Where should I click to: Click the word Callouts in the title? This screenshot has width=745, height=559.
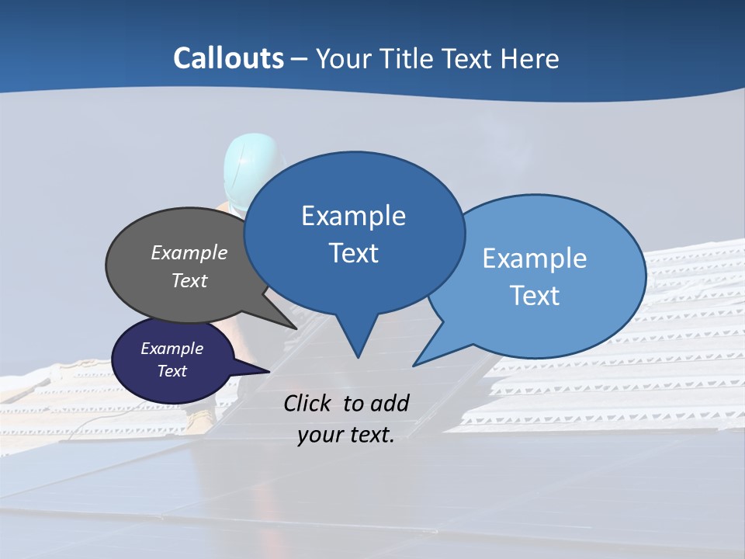[x=228, y=58]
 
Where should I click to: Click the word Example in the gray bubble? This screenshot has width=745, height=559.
[x=189, y=253]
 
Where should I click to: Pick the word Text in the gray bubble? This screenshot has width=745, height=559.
[x=189, y=281]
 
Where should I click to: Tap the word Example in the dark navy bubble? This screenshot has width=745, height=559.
[x=172, y=349]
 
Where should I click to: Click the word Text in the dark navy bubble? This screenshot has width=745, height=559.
[x=172, y=371]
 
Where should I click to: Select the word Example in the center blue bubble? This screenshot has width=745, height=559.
[x=353, y=216]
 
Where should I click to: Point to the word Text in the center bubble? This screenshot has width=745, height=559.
[x=353, y=253]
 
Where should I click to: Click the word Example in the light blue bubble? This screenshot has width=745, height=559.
[x=535, y=259]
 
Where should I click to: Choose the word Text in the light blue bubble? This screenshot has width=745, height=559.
[x=535, y=296]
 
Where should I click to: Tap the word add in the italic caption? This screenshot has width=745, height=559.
[x=389, y=403]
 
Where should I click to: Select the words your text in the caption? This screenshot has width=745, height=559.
[x=346, y=435]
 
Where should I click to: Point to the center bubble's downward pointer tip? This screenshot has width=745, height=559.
[x=358, y=357]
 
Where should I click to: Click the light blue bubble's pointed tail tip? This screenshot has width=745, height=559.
[x=414, y=365]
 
